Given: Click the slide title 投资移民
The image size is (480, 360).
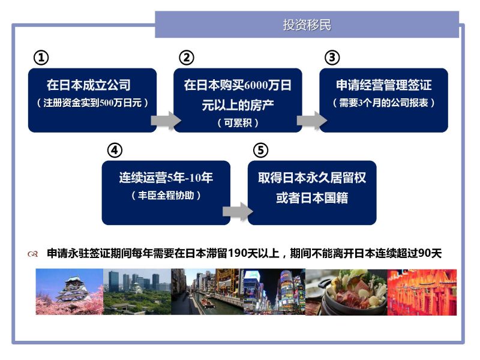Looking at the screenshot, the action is (x=307, y=25).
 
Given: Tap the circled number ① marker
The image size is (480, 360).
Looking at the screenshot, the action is (x=41, y=58).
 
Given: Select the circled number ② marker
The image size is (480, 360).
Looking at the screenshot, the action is (x=187, y=58).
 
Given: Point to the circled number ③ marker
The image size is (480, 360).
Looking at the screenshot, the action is (x=332, y=58).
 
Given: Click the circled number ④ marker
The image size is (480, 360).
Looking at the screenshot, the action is (x=115, y=151).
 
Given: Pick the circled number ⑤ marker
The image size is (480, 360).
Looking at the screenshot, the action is (x=261, y=151).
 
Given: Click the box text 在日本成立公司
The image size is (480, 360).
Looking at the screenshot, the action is (x=89, y=85).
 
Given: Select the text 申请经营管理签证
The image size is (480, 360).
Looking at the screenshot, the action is (x=384, y=85).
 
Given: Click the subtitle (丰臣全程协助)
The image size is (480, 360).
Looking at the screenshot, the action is (x=166, y=195).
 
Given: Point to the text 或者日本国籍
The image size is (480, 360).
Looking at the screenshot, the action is (x=312, y=198).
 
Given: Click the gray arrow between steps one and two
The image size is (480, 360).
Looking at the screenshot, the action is (x=166, y=121).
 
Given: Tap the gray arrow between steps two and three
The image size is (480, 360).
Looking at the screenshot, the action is (x=311, y=121).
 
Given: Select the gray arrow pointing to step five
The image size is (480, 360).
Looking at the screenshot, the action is (x=238, y=211).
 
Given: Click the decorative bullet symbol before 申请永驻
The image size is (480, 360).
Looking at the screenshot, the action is (x=33, y=254).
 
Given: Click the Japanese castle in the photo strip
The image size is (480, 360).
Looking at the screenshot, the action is (x=72, y=290).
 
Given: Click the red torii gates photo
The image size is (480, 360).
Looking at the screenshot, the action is (x=422, y=292).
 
